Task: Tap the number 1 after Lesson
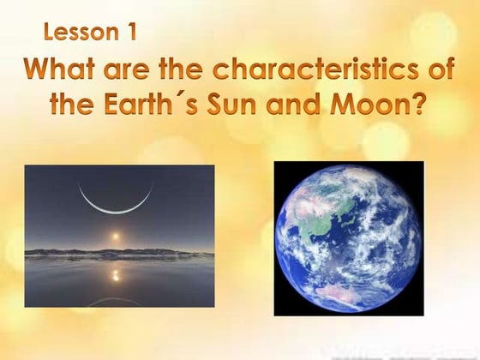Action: [131, 33]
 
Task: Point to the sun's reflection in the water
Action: [117, 274]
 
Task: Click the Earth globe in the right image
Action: [348, 235]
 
